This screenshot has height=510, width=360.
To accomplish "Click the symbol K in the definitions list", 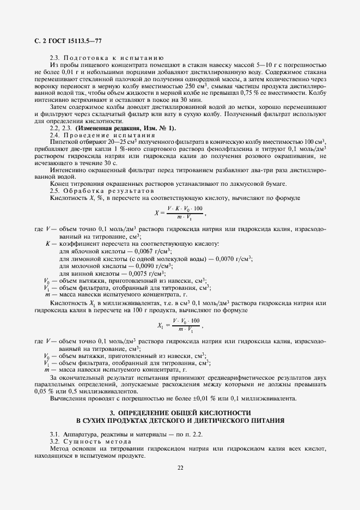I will click(x=48, y=244).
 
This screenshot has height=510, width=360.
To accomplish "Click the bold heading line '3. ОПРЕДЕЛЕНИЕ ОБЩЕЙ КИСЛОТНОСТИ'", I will click(x=180, y=413).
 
